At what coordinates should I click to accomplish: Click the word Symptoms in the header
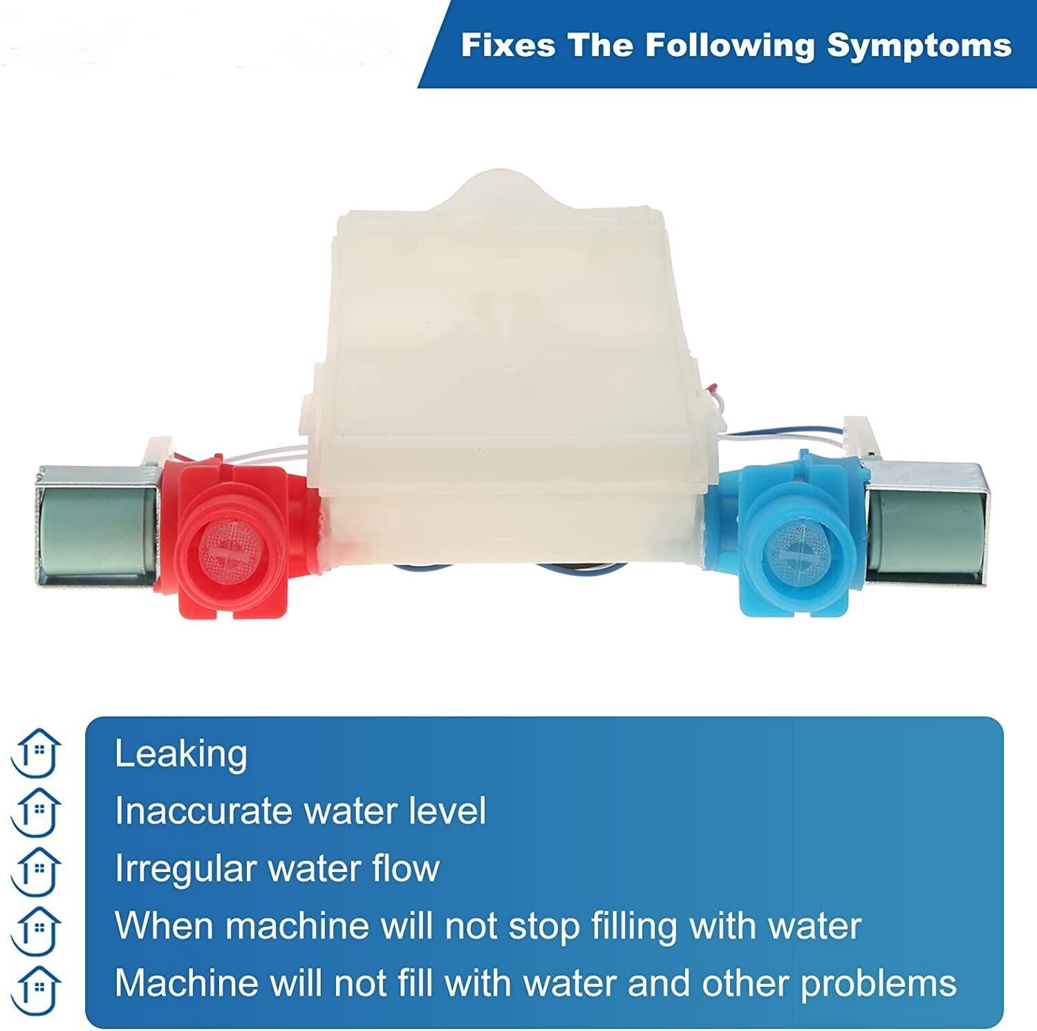point(919,46)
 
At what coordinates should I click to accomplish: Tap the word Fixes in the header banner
point(507,46)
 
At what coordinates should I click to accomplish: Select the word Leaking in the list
point(180,753)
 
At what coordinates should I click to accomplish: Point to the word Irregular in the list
point(185,869)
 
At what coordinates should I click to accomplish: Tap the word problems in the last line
point(878,983)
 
